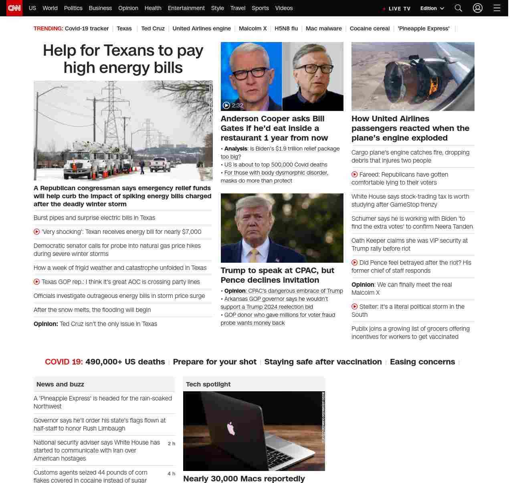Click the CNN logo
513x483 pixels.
[x=14, y=8]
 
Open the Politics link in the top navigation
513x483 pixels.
[x=73, y=8]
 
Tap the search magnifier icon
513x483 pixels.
[x=458, y=8]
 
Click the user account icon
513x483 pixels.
[x=477, y=8]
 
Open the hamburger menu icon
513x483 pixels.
[x=497, y=8]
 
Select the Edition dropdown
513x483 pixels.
[x=432, y=8]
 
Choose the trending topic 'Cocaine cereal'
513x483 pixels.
[x=370, y=28]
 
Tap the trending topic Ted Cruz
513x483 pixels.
[x=153, y=28]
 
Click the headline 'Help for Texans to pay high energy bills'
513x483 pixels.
[x=123, y=59]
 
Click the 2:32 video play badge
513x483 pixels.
[x=233, y=105]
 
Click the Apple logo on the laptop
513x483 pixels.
[x=231, y=428]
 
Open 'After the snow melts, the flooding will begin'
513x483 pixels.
[x=92, y=310]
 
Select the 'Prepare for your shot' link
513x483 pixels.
[x=214, y=362]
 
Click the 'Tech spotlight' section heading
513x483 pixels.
[x=208, y=384]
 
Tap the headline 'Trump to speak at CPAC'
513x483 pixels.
[x=277, y=275]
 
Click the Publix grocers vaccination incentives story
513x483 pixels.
[x=410, y=333]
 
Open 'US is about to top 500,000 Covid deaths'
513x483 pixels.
[x=276, y=165]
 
